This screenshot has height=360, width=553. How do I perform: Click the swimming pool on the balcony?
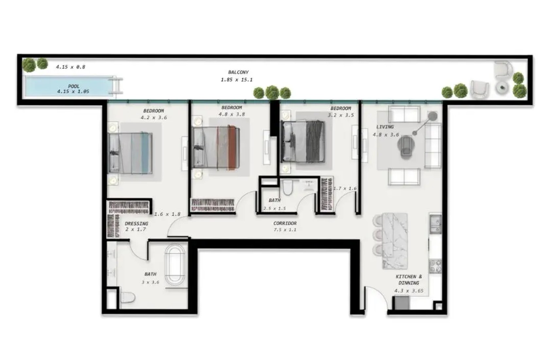point(70,86)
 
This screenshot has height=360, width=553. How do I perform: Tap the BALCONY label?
point(238,72)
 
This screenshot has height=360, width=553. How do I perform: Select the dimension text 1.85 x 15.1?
point(236,80)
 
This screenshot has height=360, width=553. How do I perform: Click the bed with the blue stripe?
point(130,153)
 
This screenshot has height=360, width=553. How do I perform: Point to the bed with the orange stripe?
point(216,148)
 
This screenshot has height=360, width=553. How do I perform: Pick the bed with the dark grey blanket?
point(303,142)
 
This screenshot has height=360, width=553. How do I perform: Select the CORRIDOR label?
point(285,223)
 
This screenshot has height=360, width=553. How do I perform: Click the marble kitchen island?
point(394,241)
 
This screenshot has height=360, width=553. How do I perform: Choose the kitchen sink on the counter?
point(436,224)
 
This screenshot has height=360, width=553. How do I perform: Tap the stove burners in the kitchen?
point(436,266)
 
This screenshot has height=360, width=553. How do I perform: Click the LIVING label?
point(385,127)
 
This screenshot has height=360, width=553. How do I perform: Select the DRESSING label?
point(136,224)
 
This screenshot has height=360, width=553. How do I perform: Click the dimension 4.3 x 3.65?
point(409,291)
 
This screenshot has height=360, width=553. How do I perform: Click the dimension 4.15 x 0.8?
point(71,67)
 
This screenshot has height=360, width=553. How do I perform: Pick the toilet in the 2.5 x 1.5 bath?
point(287,187)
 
